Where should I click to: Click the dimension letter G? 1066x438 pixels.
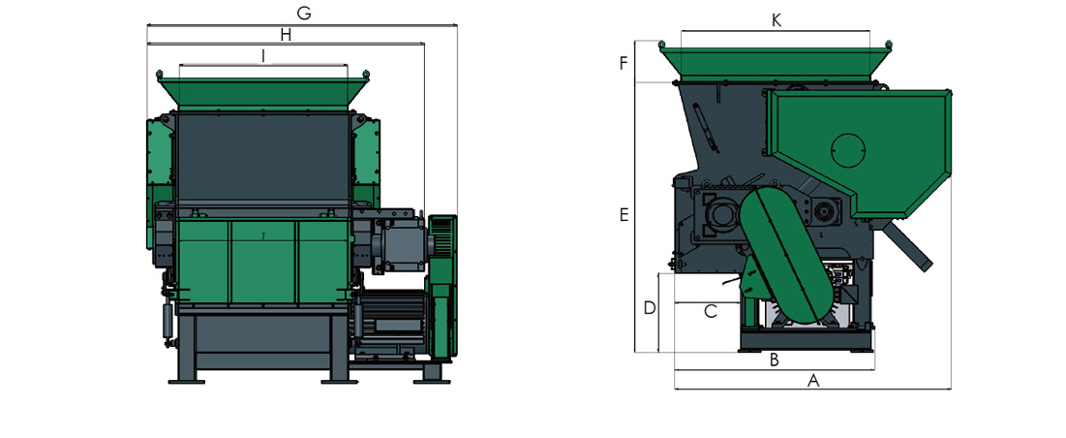pos(304,13)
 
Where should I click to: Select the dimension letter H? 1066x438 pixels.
pos(286,35)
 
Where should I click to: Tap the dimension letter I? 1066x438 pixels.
pos(263,56)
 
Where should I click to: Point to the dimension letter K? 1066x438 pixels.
pos(776,20)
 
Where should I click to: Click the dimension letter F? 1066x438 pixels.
pos(623,64)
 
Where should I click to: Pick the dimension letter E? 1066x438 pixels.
pos(624,215)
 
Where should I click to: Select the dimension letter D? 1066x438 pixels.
pos(650,308)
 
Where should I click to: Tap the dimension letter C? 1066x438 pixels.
pos(710,312)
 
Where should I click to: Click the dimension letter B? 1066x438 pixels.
pos(774,360)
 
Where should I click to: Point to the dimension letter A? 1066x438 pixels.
pos(812,381)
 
